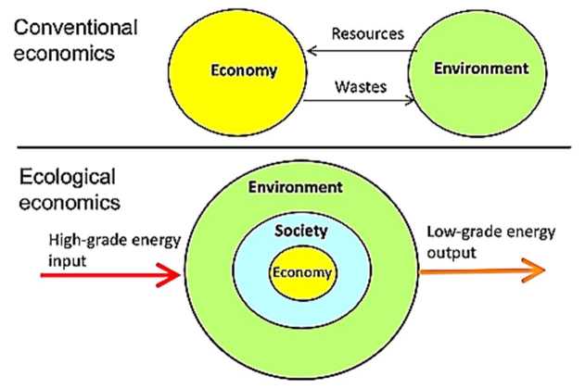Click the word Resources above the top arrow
[368, 35]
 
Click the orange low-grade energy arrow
[482, 270]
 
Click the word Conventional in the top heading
[73, 28]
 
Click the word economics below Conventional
[64, 52]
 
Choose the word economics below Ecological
[64, 198]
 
